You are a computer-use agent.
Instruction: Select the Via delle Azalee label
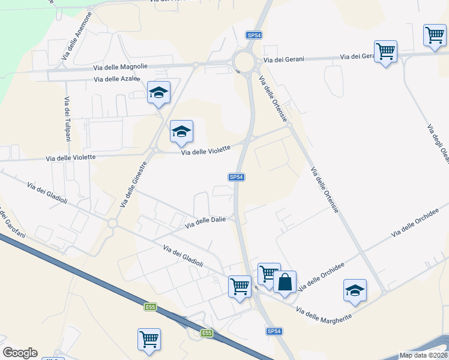coord(116,79)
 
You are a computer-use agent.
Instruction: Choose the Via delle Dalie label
coord(205,222)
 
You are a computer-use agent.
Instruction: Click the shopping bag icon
coord(285,281)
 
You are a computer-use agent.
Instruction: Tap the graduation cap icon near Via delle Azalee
coord(158,92)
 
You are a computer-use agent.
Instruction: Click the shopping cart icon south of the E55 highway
coord(148,338)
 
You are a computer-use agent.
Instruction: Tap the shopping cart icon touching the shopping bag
coord(268,274)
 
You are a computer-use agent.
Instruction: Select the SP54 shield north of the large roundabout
coord(254,36)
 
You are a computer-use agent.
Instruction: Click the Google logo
coord(20,353)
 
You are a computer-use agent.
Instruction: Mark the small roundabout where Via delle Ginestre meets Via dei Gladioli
coord(112,223)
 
